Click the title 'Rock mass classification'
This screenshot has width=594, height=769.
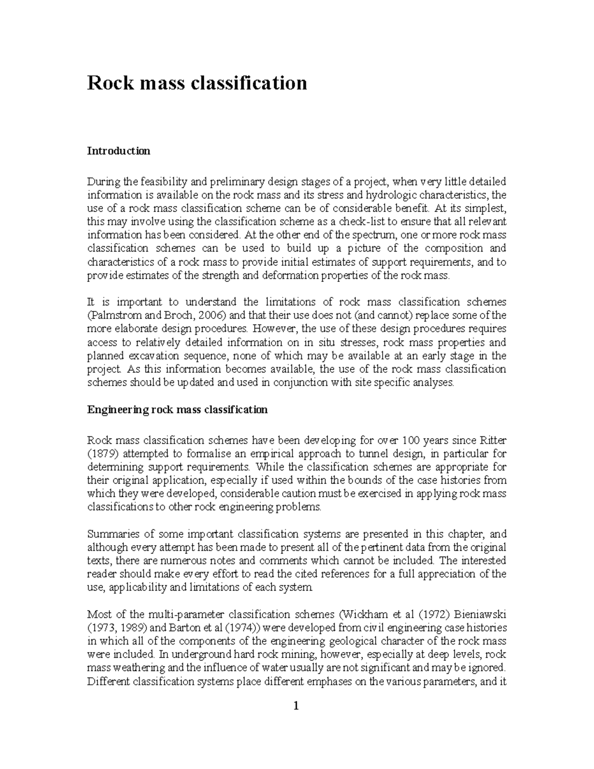point(197,83)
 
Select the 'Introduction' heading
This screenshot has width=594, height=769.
point(118,151)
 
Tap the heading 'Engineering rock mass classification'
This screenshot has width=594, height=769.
point(177,410)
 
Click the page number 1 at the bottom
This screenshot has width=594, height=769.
point(296,706)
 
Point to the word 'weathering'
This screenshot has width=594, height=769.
point(130,668)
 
